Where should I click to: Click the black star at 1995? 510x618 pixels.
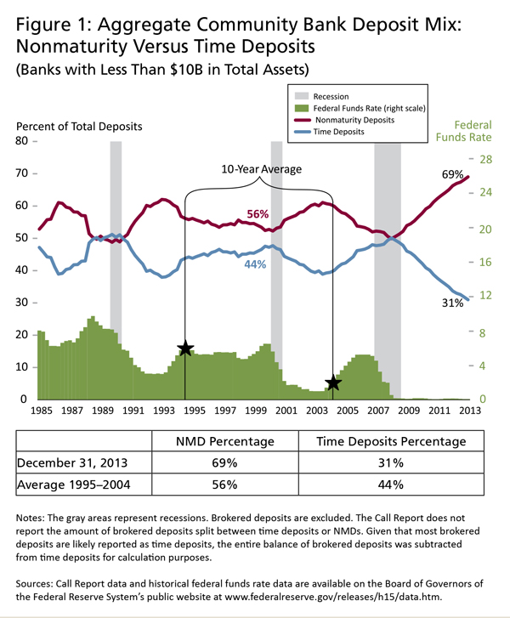[x=185, y=348]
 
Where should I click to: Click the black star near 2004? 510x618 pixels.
[x=333, y=383]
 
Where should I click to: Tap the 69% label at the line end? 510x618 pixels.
[x=452, y=174]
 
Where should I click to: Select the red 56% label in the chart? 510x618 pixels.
[x=258, y=213]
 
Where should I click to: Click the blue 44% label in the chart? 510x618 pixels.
[x=255, y=264]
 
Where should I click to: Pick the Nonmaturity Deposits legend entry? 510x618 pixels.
[x=360, y=122]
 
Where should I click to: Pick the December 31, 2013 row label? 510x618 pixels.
[x=75, y=464]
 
